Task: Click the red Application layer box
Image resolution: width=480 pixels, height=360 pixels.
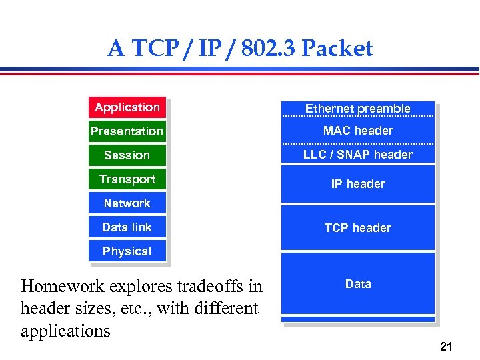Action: click(x=127, y=107)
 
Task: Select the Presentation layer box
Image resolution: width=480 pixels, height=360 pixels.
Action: click(x=127, y=131)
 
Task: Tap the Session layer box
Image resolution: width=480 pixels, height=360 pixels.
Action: click(x=127, y=155)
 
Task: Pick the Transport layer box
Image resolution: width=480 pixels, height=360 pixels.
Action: click(x=127, y=179)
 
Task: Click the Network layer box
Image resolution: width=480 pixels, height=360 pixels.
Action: click(x=127, y=203)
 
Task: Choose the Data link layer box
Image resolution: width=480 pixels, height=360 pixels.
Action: click(x=127, y=227)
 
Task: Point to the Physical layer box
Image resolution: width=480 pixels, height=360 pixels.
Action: click(x=127, y=251)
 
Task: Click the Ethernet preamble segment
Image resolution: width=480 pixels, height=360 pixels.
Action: click(x=357, y=109)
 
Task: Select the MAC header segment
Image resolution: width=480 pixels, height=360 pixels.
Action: click(x=357, y=131)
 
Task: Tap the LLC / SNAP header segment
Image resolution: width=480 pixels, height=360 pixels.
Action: click(x=357, y=155)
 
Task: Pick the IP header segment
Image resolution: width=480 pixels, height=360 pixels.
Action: click(x=357, y=184)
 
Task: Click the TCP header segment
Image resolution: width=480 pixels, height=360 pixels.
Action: click(x=357, y=228)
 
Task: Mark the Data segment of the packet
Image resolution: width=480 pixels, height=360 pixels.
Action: click(x=357, y=284)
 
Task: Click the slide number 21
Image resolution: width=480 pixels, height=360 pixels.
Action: click(x=446, y=346)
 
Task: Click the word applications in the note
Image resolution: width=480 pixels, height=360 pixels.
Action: click(x=65, y=331)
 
